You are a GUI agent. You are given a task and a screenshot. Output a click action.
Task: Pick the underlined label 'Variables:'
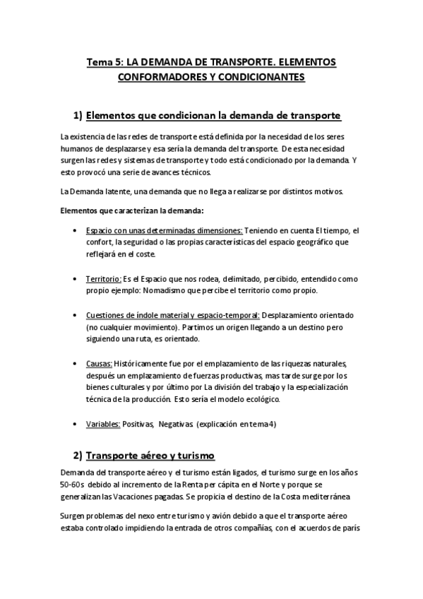point(102,424)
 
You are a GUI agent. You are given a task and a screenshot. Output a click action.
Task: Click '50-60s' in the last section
point(74,485)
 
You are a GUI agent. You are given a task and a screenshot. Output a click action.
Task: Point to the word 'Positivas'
point(138,424)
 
